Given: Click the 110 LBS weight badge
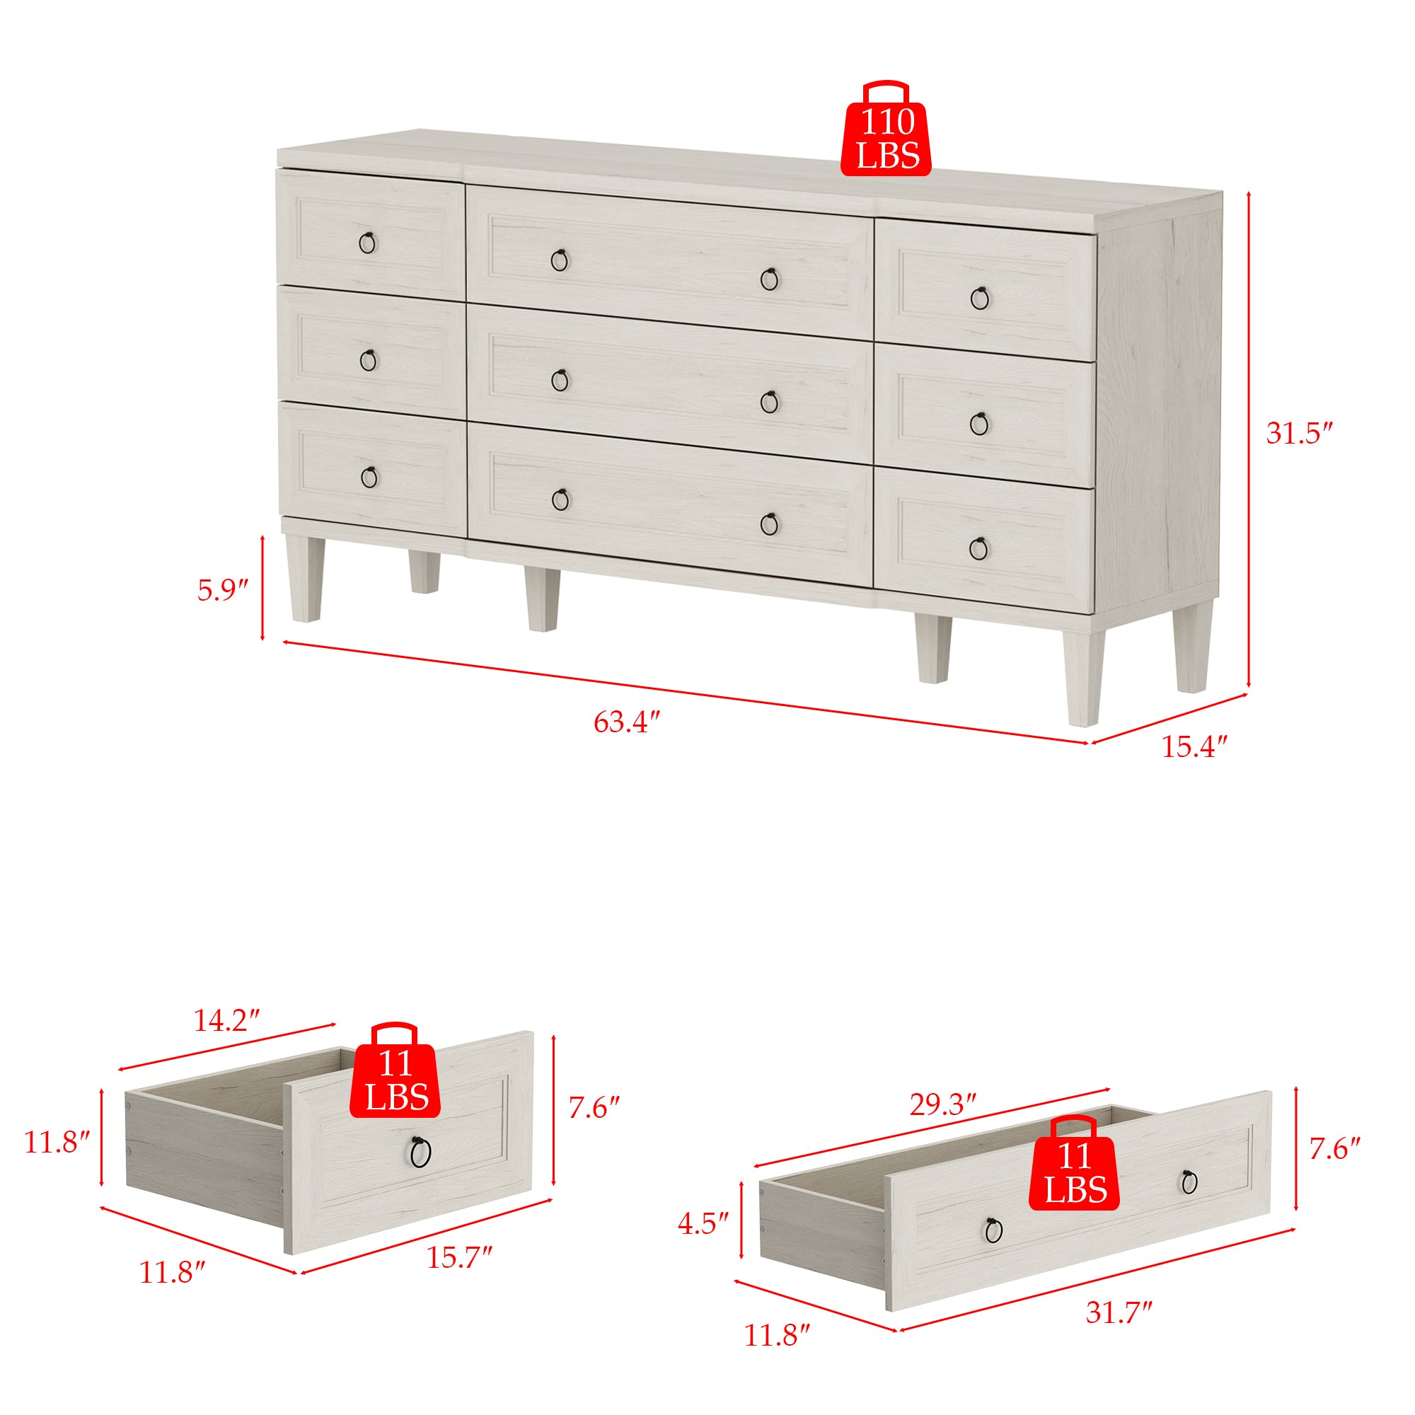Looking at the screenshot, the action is coord(886,128).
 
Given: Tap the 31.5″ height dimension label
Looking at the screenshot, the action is coord(1298,434).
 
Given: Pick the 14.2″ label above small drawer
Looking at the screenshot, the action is coord(227,1020).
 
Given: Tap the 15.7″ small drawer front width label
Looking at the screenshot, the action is coord(459,1257).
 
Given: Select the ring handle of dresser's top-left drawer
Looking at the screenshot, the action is coord(367,243).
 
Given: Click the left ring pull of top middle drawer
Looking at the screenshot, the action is coord(560,260).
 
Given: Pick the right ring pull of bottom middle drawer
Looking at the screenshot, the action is coord(769,524).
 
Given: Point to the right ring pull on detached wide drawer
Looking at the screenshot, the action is coord(1189,1182).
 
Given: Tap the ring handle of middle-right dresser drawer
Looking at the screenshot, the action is coord(979,423).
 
